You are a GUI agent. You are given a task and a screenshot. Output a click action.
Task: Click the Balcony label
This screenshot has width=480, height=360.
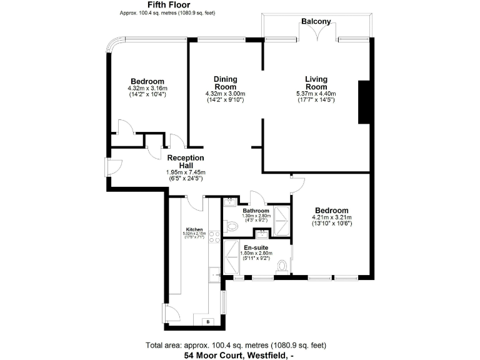pos(316,21)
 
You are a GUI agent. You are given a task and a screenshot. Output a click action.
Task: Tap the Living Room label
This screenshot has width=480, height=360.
pos(316,83)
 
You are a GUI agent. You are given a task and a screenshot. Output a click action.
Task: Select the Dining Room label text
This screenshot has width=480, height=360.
pos(225,83)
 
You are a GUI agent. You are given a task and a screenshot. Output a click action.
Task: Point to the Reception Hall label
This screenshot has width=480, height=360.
pos(186,162)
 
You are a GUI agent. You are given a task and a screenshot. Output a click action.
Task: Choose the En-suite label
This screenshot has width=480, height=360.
pos(256,246)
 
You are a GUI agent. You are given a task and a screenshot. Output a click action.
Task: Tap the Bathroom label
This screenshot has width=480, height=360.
pos(256,211)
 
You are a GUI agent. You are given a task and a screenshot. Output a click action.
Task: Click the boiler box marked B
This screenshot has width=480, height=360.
pos(207,322)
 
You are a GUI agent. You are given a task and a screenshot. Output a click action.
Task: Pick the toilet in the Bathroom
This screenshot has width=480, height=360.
pos(231,227)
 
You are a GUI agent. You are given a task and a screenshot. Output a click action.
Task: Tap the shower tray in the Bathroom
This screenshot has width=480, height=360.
pos(281,218)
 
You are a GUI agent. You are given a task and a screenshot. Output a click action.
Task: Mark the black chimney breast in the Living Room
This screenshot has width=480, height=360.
pos(363,102)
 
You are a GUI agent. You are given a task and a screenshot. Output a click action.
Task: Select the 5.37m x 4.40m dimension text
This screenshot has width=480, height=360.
pos(316,94)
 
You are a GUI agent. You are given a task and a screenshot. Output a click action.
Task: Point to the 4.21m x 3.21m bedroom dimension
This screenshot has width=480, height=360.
pos(331,218)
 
